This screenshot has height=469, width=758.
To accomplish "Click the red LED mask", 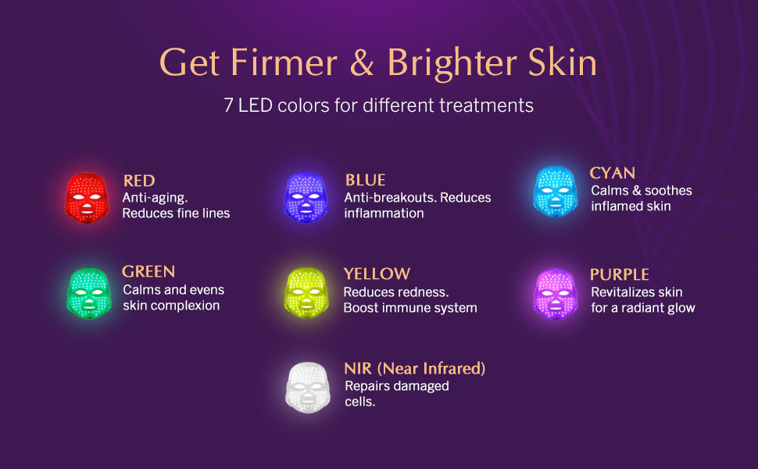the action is [x=87, y=198].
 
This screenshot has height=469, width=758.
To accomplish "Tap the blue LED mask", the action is [x=306, y=197].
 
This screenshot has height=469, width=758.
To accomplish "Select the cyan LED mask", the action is [x=556, y=191].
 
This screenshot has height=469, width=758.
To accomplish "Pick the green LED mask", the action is [x=89, y=293].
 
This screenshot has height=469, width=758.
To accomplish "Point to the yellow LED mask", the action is [x=306, y=292].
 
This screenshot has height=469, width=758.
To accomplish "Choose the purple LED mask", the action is [x=556, y=293].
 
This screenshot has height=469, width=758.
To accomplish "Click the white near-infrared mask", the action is [x=308, y=387].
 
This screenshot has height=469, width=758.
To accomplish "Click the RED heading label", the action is [x=139, y=181].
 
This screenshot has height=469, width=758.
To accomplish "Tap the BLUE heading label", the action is [x=365, y=181].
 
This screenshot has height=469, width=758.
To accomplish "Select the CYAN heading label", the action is [x=613, y=173].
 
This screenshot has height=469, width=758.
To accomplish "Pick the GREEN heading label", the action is [x=148, y=272].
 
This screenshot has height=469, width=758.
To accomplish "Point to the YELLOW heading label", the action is [x=377, y=274].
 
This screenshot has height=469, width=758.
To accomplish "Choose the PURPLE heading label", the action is [x=619, y=274].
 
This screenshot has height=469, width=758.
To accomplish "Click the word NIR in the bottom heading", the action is [x=358, y=369].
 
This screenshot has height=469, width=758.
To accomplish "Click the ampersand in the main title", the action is [x=362, y=63].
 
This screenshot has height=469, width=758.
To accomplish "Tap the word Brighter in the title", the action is [x=452, y=63].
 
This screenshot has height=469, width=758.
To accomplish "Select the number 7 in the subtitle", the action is [x=228, y=106].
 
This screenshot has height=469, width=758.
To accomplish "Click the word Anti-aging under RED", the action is [x=155, y=199].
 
